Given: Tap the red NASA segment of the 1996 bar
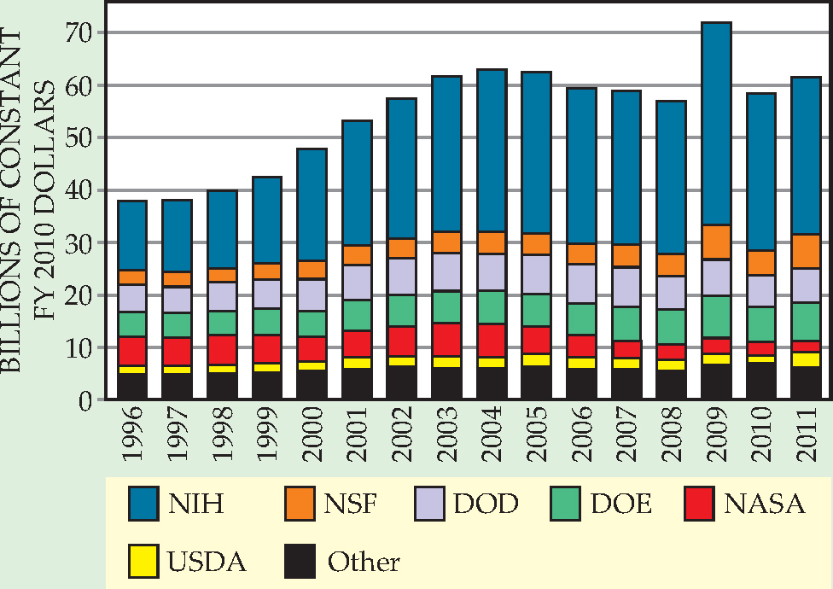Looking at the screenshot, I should coord(132,351).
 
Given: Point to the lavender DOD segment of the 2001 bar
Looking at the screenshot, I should coord(357,282).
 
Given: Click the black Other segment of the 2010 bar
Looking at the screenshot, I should coord(761,381).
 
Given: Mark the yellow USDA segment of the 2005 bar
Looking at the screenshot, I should coord(536,359).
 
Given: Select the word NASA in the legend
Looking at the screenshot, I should coord(764,504).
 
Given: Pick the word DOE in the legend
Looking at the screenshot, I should coord(621,504).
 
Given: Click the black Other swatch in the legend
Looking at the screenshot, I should coord(300,561).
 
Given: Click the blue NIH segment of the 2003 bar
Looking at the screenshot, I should coord(447,154).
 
